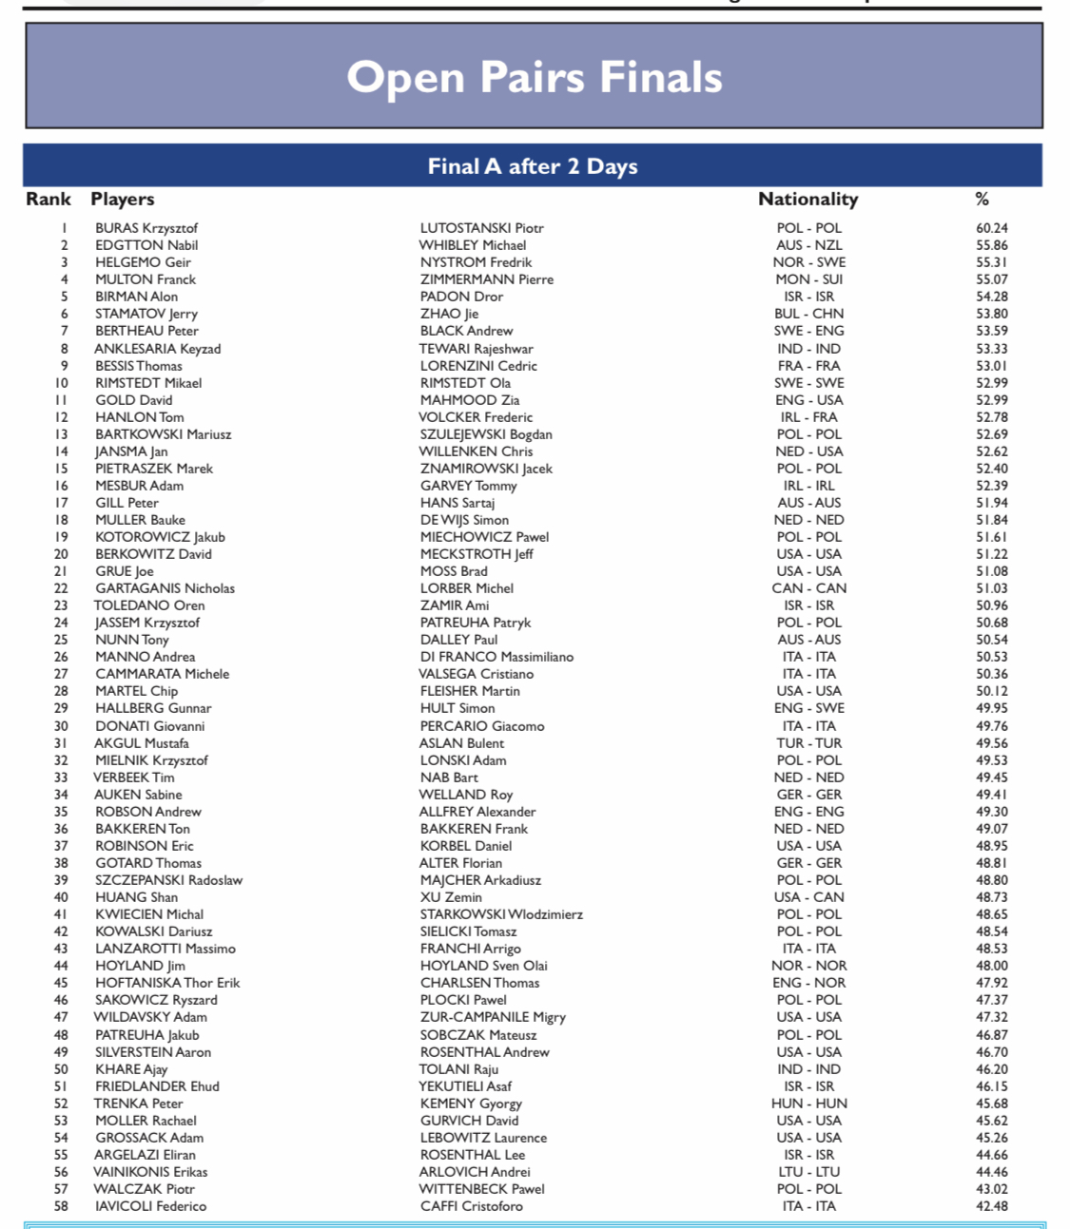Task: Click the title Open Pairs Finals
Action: pyautogui.click(x=534, y=77)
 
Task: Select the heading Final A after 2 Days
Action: pyautogui.click(x=533, y=166)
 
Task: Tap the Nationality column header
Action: pyautogui.click(x=807, y=199)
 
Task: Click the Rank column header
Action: pyautogui.click(x=49, y=199)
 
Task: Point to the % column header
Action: pyautogui.click(x=982, y=199)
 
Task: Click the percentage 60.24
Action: pyautogui.click(x=991, y=228)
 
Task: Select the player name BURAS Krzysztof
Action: pyautogui.click(x=146, y=228)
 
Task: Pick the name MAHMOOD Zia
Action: pyautogui.click(x=470, y=400)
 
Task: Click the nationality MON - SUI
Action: pyautogui.click(x=808, y=279)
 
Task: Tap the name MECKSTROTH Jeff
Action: pyautogui.click(x=477, y=554)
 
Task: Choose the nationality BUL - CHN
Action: pyautogui.click(x=808, y=314)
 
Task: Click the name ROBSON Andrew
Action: pyautogui.click(x=147, y=812)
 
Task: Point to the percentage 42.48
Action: pyautogui.click(x=991, y=1206)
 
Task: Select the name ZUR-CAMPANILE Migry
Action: pyautogui.click(x=493, y=1017)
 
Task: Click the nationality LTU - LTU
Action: pyautogui.click(x=808, y=1172)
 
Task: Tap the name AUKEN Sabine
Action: pyautogui.click(x=138, y=795)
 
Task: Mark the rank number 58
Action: pyautogui.click(x=61, y=1206)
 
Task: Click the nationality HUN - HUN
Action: pyautogui.click(x=808, y=1104)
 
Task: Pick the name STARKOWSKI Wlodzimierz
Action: pyautogui.click(x=501, y=914)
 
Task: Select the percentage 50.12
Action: pyautogui.click(x=991, y=691)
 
